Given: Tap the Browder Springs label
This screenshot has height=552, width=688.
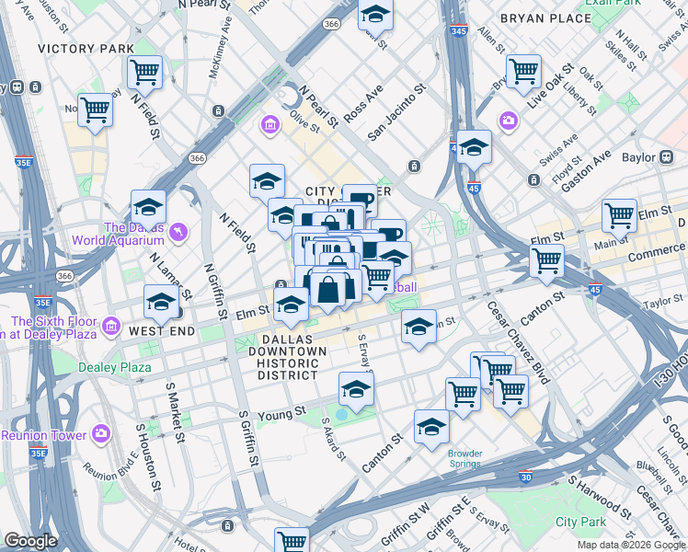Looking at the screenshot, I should pos(464,457).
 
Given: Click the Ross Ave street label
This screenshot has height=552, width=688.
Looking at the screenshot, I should pos(362,105).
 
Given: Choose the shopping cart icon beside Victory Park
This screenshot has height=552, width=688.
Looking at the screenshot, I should pos(145,71).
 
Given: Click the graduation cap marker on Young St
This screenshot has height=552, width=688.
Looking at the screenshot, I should pos(356,390).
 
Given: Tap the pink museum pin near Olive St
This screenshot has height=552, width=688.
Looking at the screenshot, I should pos(269,124).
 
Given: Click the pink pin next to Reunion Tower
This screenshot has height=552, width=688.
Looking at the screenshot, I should pos(100,433).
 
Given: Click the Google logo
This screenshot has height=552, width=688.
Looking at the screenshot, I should pos(30,541).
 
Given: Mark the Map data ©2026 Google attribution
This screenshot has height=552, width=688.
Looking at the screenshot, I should pos(630,545).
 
